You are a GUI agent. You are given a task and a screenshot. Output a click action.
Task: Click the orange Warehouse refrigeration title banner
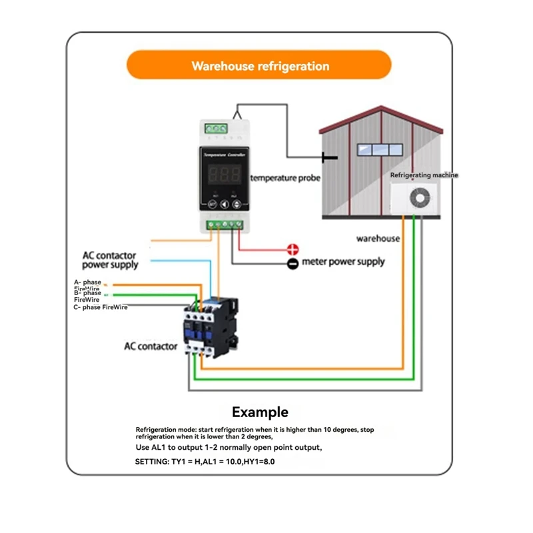tap(260, 66)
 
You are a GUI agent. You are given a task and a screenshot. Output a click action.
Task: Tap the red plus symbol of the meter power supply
tap(292, 250)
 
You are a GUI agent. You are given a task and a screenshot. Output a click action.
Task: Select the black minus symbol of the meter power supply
tap(292, 264)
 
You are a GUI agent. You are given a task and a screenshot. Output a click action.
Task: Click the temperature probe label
tap(285, 178)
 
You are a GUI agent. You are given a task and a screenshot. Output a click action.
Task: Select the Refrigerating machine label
tap(424, 175)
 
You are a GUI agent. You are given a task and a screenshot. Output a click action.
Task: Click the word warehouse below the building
tap(378, 238)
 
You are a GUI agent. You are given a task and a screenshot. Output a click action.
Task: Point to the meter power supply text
tap(343, 262)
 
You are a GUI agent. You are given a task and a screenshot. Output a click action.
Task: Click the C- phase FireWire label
tap(101, 307)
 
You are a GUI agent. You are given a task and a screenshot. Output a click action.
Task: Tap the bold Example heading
tap(260, 412)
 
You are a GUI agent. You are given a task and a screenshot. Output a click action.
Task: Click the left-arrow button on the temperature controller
tap(225, 205)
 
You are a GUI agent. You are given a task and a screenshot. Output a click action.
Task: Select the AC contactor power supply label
tap(110, 260)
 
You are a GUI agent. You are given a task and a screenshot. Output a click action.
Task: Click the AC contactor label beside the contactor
tap(151, 346)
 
